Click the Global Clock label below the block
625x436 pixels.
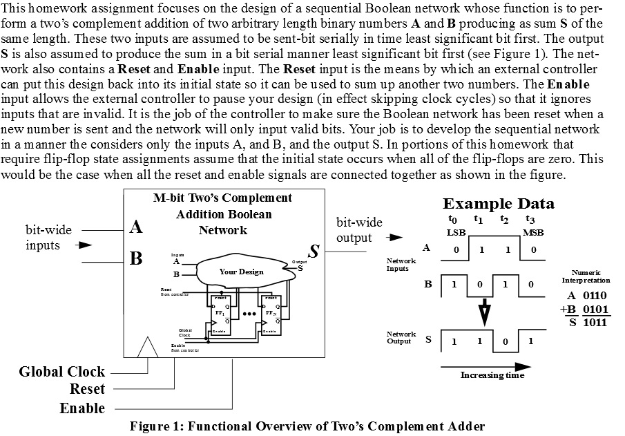coord(62,372)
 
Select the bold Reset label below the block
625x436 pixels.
coord(87,389)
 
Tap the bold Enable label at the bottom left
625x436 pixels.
coord(81,408)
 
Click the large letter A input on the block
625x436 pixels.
coord(136,227)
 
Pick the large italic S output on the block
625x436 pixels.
coord(313,252)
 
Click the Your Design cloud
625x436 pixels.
coord(241,272)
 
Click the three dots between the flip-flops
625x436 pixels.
coord(245,314)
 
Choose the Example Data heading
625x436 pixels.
coord(498,204)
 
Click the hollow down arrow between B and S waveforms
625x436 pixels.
coord(485,312)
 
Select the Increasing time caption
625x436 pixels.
coord(492,375)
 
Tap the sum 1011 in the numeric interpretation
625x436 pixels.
coord(595,322)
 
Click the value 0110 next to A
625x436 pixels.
coord(595,296)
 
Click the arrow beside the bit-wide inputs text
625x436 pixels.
coord(84,245)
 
